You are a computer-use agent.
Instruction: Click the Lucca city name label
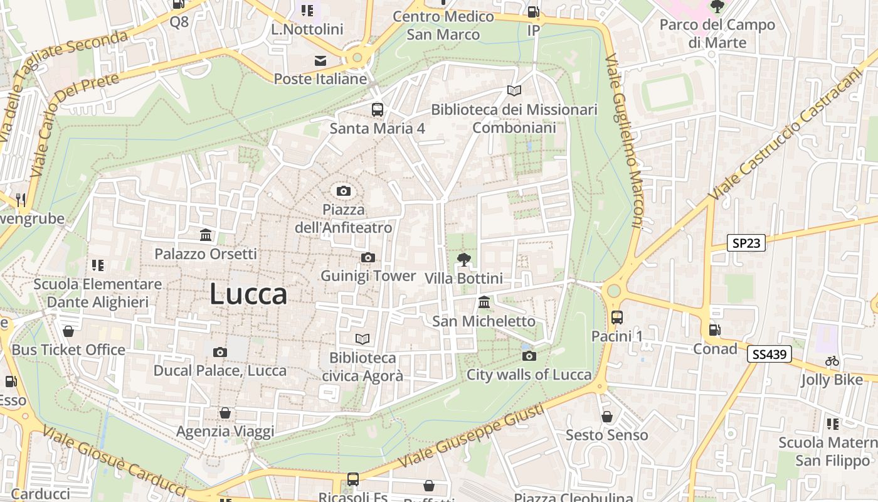click(x=248, y=294)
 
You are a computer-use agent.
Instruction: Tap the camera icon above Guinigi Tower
click(x=368, y=257)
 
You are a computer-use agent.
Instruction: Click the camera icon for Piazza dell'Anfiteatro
click(x=343, y=191)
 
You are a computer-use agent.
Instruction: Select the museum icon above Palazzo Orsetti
click(x=206, y=235)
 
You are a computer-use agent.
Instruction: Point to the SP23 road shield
click(x=746, y=243)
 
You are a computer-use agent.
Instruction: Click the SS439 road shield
click(x=769, y=355)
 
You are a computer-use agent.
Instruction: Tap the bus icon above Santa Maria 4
click(x=377, y=110)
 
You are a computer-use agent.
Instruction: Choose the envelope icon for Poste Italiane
click(x=320, y=61)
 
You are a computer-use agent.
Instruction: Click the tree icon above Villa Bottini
click(x=463, y=259)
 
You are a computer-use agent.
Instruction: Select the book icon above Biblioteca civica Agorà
click(x=362, y=339)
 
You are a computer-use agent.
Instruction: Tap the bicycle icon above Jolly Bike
click(x=832, y=361)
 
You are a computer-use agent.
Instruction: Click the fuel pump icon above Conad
click(x=714, y=330)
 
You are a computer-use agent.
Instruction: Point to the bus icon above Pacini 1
click(x=617, y=318)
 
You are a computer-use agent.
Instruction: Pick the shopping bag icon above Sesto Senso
click(x=606, y=416)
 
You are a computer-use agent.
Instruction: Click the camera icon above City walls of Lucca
click(x=529, y=356)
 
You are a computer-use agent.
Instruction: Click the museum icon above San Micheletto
click(x=484, y=302)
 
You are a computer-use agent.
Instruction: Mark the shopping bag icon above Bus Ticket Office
click(x=68, y=331)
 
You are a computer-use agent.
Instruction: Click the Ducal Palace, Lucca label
click(x=220, y=370)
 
